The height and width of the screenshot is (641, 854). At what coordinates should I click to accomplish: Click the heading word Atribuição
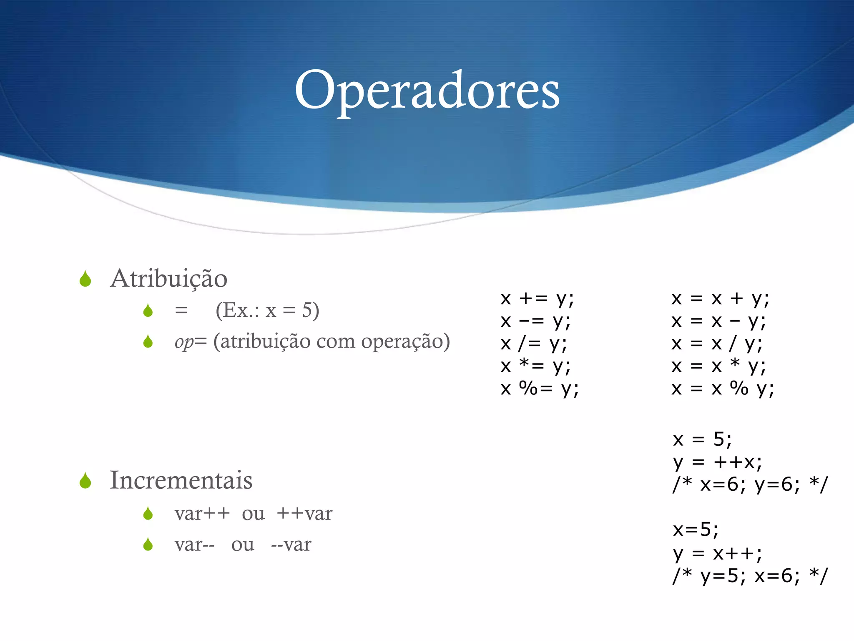coord(168,278)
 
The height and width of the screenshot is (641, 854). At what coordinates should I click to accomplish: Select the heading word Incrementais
coord(181,480)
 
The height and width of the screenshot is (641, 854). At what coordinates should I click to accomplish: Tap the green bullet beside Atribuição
coord(85,279)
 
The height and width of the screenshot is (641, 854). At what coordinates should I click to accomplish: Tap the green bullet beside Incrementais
coord(85,481)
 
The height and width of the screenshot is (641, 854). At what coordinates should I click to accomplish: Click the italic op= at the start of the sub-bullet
coord(191,342)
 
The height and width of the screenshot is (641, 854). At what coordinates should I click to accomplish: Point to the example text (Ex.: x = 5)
coord(267,310)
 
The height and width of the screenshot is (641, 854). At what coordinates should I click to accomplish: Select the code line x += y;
coord(537,298)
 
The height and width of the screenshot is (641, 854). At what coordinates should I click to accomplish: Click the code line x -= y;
coord(535,321)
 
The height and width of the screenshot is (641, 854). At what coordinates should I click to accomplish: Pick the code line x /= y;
coord(534,343)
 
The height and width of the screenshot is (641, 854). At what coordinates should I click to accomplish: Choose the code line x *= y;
coord(535,366)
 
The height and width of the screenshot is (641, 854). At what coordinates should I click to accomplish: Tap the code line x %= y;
coord(540,389)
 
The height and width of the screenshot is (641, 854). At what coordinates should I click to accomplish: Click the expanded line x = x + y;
coord(720,298)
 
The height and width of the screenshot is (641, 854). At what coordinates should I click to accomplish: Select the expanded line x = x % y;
coord(723,389)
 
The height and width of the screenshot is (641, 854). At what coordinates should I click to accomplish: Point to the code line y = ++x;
coord(717,462)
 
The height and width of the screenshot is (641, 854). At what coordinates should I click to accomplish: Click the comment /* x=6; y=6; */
coord(750,485)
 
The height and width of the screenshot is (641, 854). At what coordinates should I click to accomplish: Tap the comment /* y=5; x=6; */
coord(750,576)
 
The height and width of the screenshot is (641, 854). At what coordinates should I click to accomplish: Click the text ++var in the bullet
coord(304,514)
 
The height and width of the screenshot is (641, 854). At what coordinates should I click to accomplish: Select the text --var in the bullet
coord(291,545)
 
